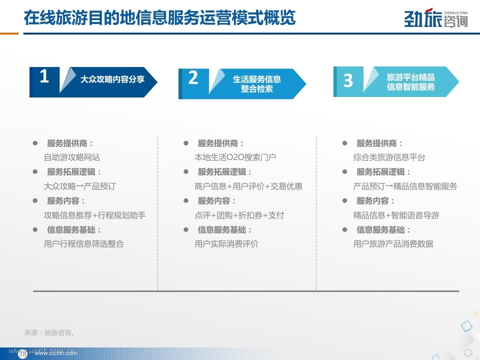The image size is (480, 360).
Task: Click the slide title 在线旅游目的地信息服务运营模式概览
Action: coord(159,17)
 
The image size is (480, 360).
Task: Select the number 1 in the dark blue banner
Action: coord(44,76)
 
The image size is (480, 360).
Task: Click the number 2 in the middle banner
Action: coord(193,78)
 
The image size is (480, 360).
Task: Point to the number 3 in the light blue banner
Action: coord(348,80)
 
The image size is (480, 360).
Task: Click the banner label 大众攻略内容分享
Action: coord(112,79)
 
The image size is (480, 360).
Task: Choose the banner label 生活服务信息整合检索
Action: coord(257,84)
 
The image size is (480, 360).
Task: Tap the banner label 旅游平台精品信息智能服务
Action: coord(410,81)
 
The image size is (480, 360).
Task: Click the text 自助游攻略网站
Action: coord(72,157)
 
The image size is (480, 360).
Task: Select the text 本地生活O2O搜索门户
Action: coord(235,157)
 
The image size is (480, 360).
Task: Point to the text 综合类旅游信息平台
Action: coord(389,157)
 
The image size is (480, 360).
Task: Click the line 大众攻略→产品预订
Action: coord(79,186)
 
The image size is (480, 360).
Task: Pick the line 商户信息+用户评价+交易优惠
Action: coord(248,186)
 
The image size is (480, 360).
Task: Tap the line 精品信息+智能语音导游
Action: coord(396,215)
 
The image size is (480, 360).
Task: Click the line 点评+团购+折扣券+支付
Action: coord(239,215)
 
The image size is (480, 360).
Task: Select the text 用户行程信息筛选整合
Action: coord(83,244)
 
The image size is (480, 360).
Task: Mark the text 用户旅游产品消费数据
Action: coord(393,244)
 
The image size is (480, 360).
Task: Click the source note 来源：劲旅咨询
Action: coord(49,333)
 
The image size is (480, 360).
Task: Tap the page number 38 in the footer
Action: coord(22,354)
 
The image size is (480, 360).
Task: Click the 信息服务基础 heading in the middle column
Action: coord(224,230)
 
